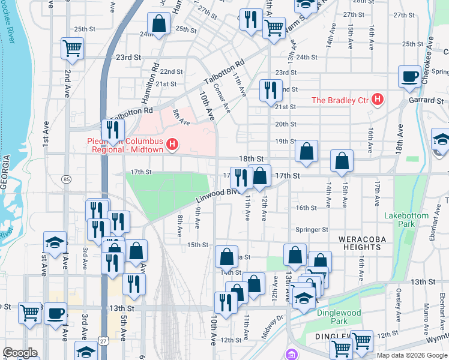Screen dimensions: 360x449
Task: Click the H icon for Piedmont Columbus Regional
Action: [x=173, y=144]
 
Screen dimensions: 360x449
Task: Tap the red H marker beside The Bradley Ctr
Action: [x=377, y=99]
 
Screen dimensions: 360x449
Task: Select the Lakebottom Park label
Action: [x=406, y=220]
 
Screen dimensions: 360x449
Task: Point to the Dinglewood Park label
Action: [x=339, y=317]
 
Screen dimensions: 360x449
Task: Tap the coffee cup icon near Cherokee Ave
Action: [x=410, y=77]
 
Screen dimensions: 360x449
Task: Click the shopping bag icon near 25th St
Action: [x=160, y=25]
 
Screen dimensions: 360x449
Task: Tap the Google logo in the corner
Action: [x=20, y=353]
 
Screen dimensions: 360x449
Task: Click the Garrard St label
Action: [x=427, y=100]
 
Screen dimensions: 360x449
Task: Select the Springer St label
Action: [x=312, y=229]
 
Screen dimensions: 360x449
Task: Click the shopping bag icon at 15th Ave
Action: [x=342, y=161]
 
